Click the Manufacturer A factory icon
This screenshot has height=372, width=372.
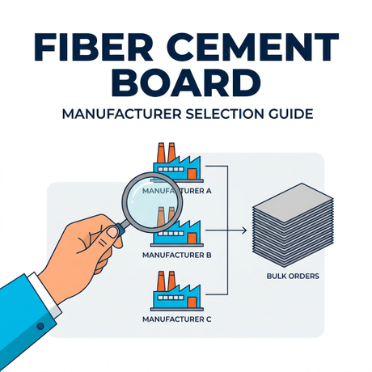[x=177, y=163]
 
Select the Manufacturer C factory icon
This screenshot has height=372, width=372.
[x=177, y=291]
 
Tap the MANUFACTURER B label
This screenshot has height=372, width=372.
[x=177, y=255]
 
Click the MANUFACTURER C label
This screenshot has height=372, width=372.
[x=177, y=319]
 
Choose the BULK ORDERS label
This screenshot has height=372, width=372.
[x=293, y=277]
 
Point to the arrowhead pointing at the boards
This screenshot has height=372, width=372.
[x=244, y=230]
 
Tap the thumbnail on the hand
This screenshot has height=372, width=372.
[x=112, y=232]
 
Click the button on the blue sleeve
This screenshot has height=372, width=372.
[x=40, y=326]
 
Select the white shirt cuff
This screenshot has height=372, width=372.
[x=44, y=294]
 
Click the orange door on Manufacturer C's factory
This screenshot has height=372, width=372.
[x=192, y=302]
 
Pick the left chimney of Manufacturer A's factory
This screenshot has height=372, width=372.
[x=161, y=152]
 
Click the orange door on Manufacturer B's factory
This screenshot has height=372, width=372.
[x=192, y=238]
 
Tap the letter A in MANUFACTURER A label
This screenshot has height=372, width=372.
[x=209, y=191]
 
